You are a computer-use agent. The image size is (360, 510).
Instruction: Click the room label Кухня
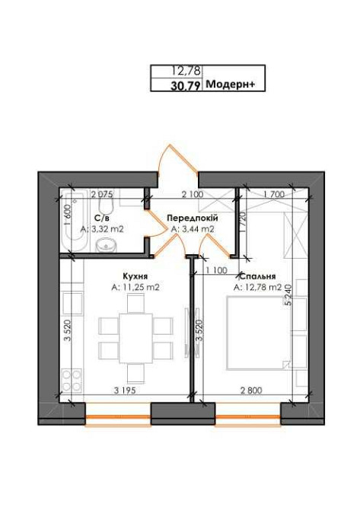click(x=134, y=276)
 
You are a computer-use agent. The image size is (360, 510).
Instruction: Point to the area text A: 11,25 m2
click(x=135, y=287)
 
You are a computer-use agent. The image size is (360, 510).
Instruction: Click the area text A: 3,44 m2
click(x=193, y=228)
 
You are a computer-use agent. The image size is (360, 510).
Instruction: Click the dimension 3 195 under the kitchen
click(x=123, y=390)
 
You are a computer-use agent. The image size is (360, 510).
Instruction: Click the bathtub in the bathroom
click(x=75, y=228)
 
